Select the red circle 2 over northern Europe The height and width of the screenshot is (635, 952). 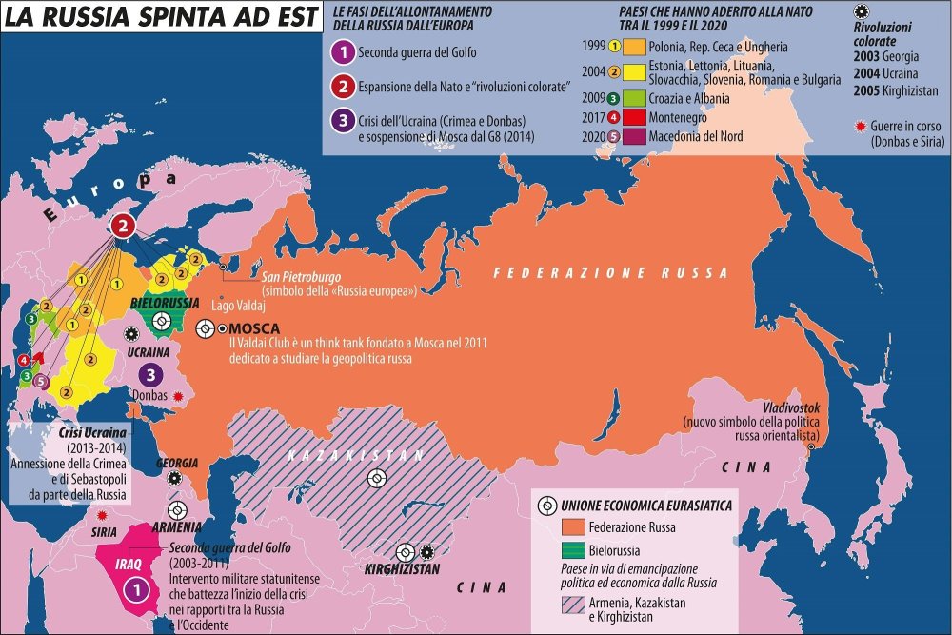click(123, 226)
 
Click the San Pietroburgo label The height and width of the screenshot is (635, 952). click(303, 277)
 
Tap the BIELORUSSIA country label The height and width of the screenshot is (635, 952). click(164, 303)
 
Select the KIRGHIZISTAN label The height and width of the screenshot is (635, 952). click(402, 569)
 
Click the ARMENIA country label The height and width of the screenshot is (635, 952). click(174, 526)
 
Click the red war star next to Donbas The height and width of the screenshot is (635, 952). click(177, 395)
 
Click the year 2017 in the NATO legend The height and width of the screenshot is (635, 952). click(593, 118)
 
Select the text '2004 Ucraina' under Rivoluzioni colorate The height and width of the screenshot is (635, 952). click(886, 73)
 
